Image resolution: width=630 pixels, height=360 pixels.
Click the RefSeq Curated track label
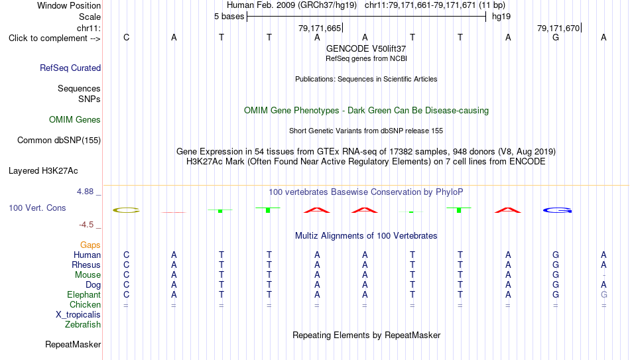pyautogui.click(x=70, y=68)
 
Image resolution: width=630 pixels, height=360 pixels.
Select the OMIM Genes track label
pyautogui.click(x=75, y=120)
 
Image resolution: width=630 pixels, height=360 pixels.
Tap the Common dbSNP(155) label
pyautogui.click(x=59, y=141)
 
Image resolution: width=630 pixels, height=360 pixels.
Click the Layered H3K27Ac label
pyautogui.click(x=43, y=171)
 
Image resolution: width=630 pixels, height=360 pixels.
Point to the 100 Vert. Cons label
pyautogui.click(x=37, y=208)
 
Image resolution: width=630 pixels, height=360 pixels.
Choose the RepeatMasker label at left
pyautogui.click(x=73, y=344)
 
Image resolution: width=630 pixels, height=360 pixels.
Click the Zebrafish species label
pyautogui.click(x=83, y=324)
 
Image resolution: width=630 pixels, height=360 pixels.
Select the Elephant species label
pyautogui.click(x=84, y=294)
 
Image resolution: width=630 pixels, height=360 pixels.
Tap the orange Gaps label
pyautogui.click(x=90, y=245)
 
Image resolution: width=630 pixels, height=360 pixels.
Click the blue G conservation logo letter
pyautogui.click(x=557, y=210)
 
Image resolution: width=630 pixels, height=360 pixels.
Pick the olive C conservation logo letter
pyautogui.click(x=126, y=210)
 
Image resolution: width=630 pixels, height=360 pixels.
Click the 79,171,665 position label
pyautogui.click(x=320, y=28)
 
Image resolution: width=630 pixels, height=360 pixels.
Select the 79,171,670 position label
pyautogui.click(x=558, y=28)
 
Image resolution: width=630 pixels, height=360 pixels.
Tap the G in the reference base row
pyautogui.click(x=556, y=37)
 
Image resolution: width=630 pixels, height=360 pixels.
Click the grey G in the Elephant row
pyautogui.click(x=603, y=294)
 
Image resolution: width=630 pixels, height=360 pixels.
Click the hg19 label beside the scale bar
pyautogui.click(x=501, y=17)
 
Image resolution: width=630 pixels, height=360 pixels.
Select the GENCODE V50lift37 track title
pyautogui.click(x=366, y=48)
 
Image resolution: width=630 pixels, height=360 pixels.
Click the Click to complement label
pyautogui.click(x=54, y=38)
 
